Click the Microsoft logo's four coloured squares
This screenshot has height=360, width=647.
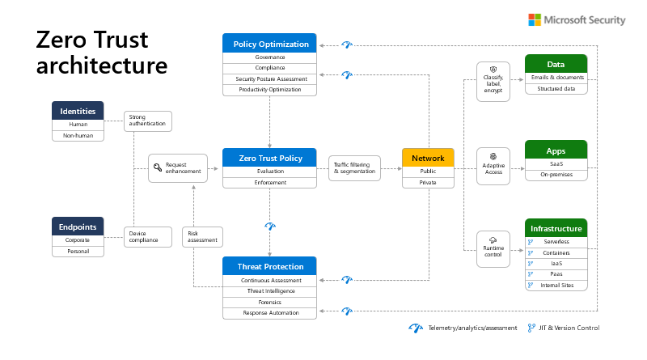[535, 19]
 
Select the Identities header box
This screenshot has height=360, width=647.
[78, 111]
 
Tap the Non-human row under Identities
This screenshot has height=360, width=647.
[78, 135]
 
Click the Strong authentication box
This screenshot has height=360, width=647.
[148, 121]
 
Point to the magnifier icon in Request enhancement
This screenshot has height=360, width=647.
[157, 167]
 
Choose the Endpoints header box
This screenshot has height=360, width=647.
[78, 227]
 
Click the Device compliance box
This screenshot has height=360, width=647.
[148, 236]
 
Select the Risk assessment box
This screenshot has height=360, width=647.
[202, 236]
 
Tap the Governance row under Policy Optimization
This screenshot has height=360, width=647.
[269, 57]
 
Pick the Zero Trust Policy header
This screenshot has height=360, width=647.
[269, 158]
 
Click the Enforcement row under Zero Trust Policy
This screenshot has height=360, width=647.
[269, 183]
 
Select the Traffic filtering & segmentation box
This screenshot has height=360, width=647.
[354, 168]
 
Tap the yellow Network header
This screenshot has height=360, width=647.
[428, 158]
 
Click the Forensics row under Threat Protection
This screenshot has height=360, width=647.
[269, 303]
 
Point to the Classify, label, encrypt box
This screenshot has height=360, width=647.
[493, 82]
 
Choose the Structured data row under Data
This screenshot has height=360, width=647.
[556, 89]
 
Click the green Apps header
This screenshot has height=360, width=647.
[556, 150]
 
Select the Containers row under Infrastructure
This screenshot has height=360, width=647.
[556, 252]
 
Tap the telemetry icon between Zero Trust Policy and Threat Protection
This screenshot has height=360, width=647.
[270, 226]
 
